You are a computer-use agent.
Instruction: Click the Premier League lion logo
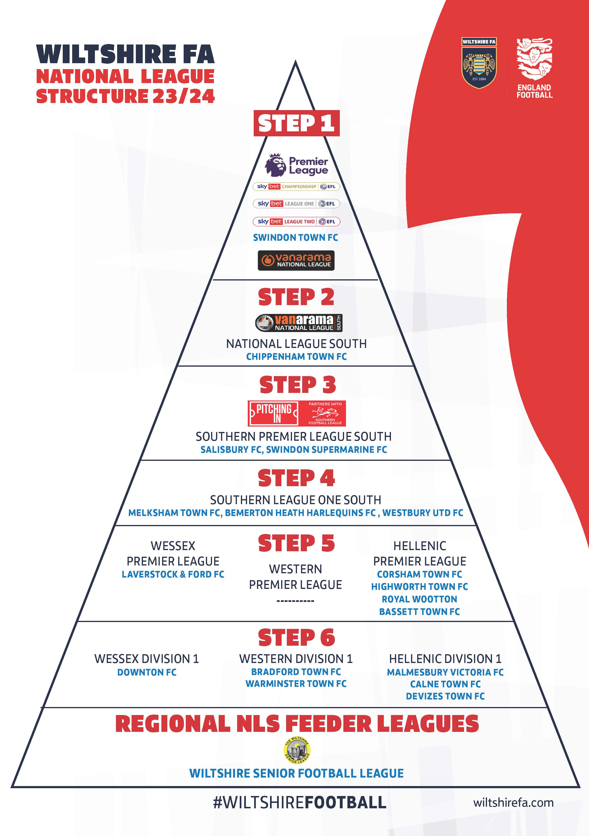[x=276, y=165]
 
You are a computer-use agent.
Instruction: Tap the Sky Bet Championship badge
[x=296, y=187]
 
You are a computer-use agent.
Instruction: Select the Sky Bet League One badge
[x=296, y=204]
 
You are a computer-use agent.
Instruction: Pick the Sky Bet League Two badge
[x=296, y=221]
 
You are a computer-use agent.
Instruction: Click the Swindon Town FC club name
[x=295, y=237]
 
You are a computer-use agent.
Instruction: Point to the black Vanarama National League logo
[x=296, y=260]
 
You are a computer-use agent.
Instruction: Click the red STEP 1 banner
[x=296, y=123]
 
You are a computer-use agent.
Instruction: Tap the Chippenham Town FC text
[x=296, y=356]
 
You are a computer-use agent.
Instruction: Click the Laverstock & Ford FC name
[x=173, y=574]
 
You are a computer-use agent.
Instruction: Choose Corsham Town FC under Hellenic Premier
[x=419, y=574]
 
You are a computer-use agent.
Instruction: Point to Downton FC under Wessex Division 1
[x=147, y=672]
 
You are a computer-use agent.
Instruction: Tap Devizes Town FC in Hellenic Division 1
[x=445, y=696]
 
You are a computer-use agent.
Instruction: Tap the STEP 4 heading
[x=296, y=478]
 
